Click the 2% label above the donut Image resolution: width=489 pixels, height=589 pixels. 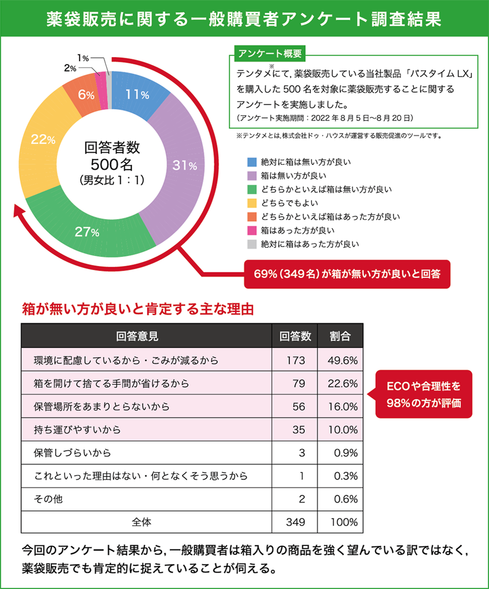point(70,68)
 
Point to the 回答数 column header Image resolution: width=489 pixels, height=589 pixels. point(295,336)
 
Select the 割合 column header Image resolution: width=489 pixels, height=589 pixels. point(340,336)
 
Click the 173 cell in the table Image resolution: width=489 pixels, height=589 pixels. point(295,360)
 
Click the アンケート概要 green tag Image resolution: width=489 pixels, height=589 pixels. point(267,54)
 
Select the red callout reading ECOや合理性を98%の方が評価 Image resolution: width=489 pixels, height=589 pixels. point(424,394)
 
